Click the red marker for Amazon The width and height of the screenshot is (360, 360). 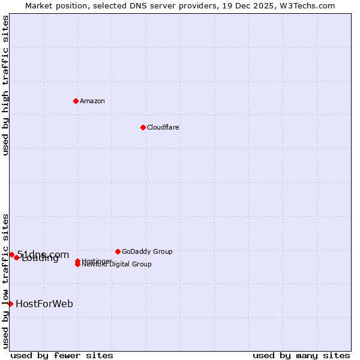pyautogui.click(x=76, y=101)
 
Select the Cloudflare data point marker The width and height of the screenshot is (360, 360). pyautogui.click(x=143, y=127)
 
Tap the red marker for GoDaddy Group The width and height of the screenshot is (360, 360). pyautogui.click(x=118, y=251)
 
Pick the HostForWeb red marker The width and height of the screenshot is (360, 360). pyautogui.click(x=10, y=304)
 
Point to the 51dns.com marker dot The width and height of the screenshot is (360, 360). pyautogui.click(x=11, y=254)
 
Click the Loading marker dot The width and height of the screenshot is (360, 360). pyautogui.click(x=16, y=257)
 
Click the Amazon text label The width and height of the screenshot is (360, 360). pyautogui.click(x=92, y=101)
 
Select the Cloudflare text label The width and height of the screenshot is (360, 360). pyautogui.click(x=163, y=127)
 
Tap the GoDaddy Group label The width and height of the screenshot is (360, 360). pyautogui.click(x=147, y=251)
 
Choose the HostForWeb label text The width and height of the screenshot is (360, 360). pyautogui.click(x=44, y=304)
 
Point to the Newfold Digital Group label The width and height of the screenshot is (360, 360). pyautogui.click(x=118, y=265)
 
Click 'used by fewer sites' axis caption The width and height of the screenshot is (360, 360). pyautogui.click(x=62, y=355)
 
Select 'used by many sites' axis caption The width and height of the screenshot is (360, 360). pyautogui.click(x=301, y=355)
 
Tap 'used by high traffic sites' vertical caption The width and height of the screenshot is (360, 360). pyautogui.click(x=6, y=85)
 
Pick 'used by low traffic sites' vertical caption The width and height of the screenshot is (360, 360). pyautogui.click(x=6, y=280)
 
